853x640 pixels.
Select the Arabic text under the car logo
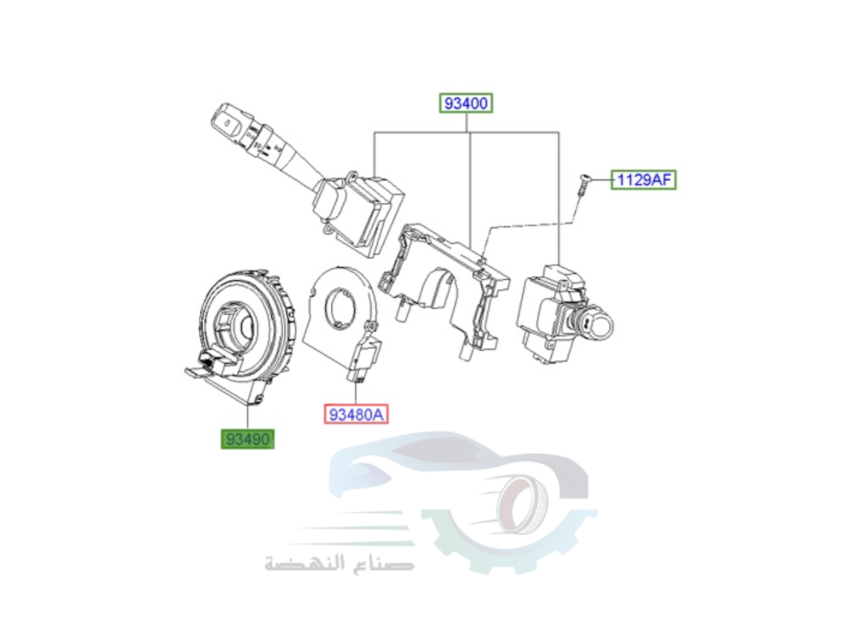[x=339, y=563]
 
